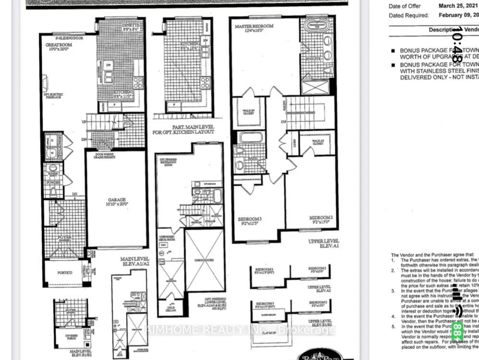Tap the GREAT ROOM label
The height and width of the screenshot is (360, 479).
pyautogui.click(x=58, y=47)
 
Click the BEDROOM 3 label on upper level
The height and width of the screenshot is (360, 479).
pyautogui.click(x=249, y=221)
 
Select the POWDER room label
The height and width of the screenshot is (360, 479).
pyautogui.click(x=53, y=182)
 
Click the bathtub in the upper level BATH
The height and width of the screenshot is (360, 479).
pyautogui.click(x=250, y=138)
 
